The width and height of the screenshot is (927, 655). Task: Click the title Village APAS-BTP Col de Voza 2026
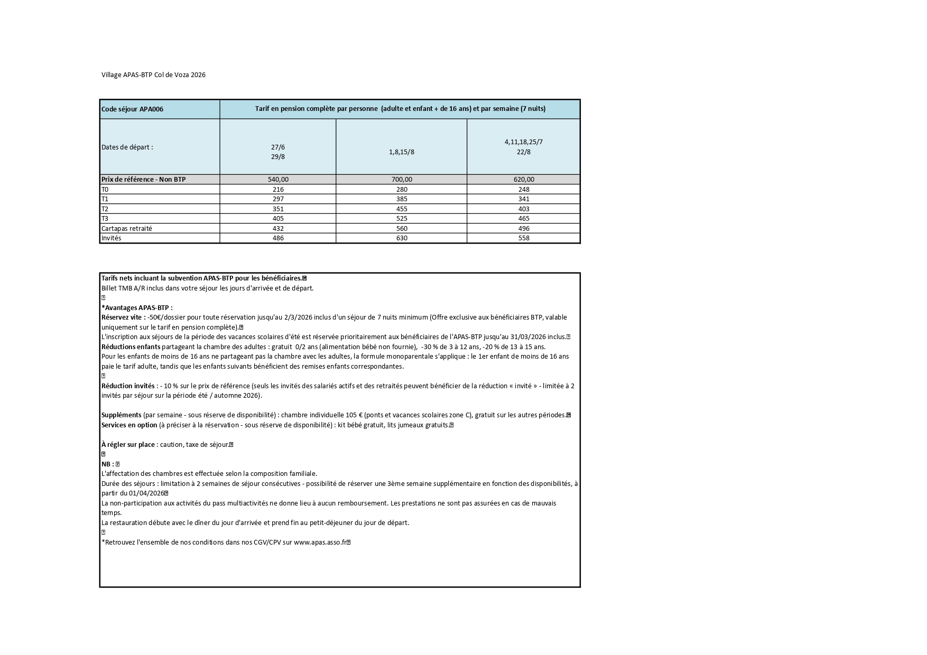153,75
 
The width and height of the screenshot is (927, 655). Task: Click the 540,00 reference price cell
277,180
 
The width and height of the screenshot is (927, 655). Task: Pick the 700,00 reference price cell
401,180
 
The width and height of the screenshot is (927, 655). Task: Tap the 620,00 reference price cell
523,180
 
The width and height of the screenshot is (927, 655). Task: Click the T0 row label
105,189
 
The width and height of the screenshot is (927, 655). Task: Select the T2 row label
105,209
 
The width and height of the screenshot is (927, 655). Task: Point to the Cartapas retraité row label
127,228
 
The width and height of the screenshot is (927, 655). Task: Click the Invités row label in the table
111,238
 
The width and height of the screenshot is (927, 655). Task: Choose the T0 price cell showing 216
277,189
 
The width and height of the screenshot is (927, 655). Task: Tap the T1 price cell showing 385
401,199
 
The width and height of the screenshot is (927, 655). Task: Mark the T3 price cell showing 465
523,219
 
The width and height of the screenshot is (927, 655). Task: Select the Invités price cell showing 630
401,238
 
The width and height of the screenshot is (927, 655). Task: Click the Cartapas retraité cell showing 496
523,228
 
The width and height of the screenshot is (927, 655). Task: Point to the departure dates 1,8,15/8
401,152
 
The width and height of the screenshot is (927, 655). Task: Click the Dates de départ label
127,147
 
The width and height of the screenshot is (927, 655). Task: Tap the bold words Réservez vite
123,317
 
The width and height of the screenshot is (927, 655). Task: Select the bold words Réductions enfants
131,347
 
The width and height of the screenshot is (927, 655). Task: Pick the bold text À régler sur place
128,445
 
